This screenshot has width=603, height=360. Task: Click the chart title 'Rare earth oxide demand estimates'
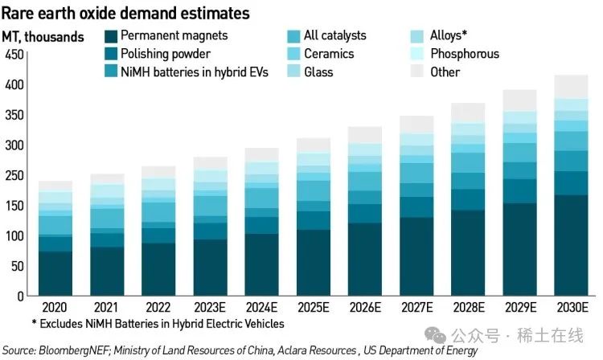[x=125, y=14]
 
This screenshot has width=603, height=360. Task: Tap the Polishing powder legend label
[x=166, y=54]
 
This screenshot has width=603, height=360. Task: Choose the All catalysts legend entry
[x=334, y=36]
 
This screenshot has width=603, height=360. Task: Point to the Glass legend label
[x=320, y=72]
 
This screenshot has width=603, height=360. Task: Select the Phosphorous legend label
[x=465, y=54]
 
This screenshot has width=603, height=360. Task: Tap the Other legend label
[x=445, y=72]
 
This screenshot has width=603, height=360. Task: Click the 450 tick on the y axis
[x=13, y=55]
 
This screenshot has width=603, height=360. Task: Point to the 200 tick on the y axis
[x=13, y=175]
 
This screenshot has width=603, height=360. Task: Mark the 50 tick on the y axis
[x=15, y=266]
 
